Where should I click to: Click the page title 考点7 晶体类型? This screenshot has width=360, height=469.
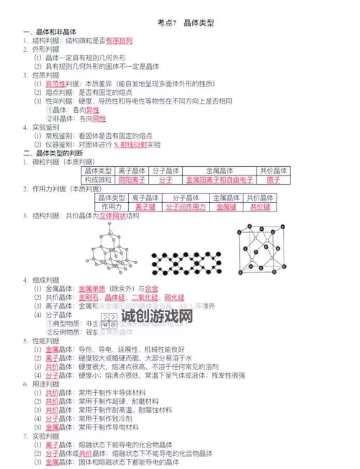click(181, 23)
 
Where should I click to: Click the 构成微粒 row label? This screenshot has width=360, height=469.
click(98, 180)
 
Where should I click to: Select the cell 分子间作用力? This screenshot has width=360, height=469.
click(186, 206)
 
